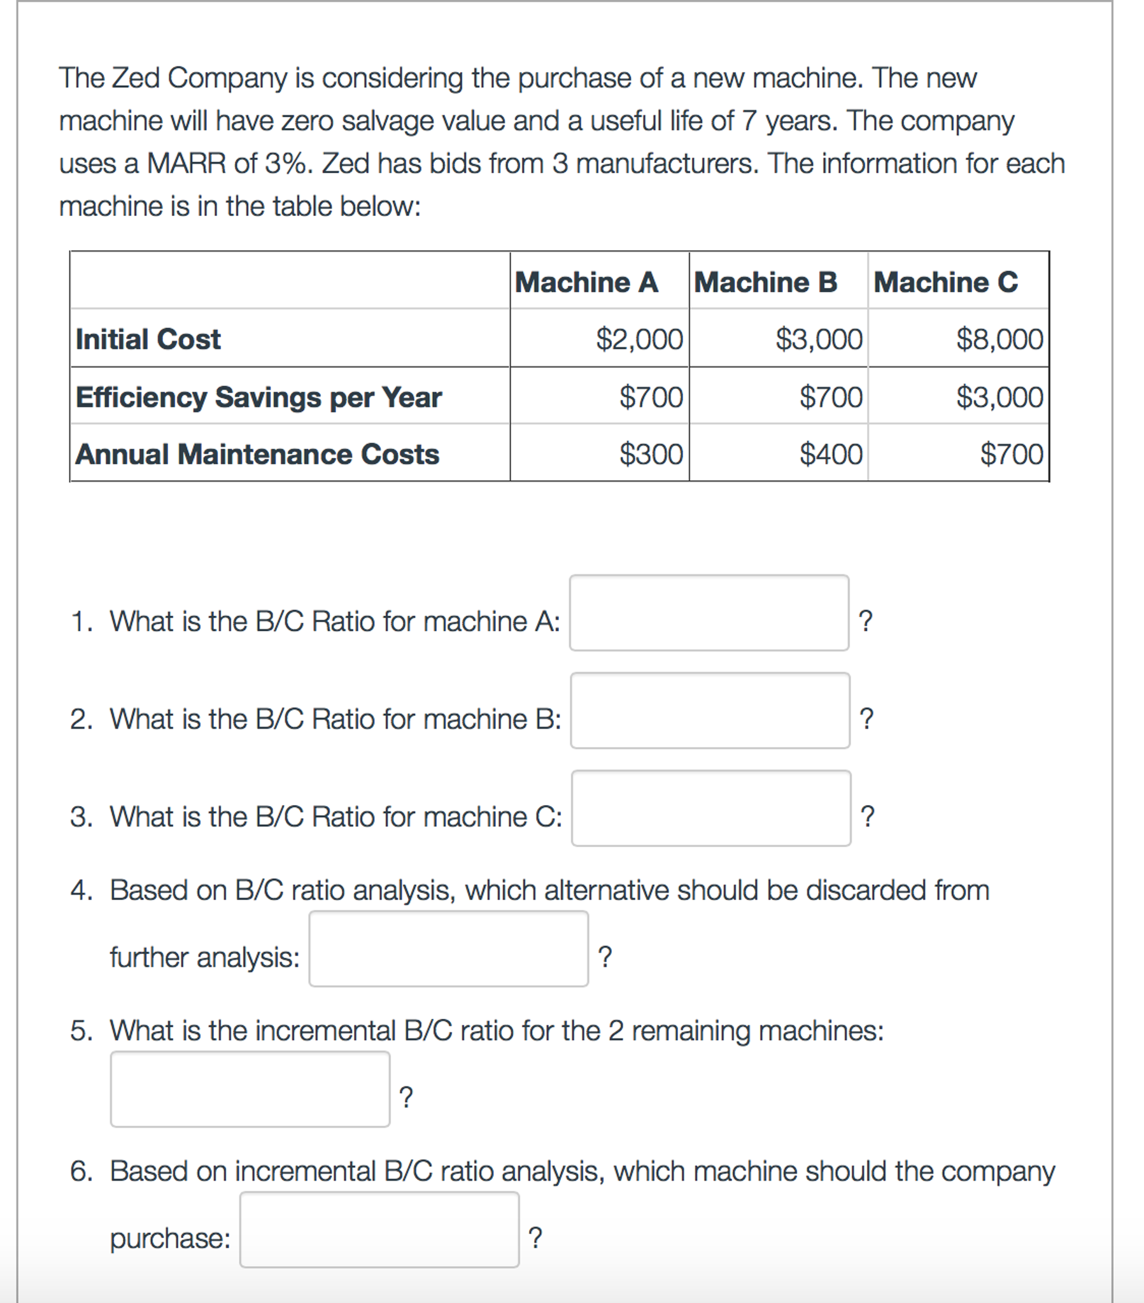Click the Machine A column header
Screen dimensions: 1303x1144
(x=586, y=281)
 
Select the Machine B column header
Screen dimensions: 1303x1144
(x=765, y=281)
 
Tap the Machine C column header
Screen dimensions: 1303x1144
(x=946, y=281)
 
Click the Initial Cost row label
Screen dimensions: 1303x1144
(x=148, y=339)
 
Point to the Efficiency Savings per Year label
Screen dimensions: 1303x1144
(x=258, y=397)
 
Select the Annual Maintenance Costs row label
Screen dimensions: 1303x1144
(x=257, y=455)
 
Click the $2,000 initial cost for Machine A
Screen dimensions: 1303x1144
(x=639, y=339)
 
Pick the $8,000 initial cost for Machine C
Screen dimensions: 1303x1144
(x=999, y=339)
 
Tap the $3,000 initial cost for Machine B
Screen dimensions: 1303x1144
(x=819, y=339)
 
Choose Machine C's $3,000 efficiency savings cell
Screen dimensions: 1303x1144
(x=999, y=397)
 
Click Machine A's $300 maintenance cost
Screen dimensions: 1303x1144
(x=651, y=455)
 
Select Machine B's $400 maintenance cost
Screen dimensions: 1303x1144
(x=831, y=455)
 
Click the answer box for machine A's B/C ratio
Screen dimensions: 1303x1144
(x=709, y=613)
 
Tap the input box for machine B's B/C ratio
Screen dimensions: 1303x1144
(x=710, y=710)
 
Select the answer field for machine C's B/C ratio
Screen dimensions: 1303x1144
(x=710, y=808)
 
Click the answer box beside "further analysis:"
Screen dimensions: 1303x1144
(x=448, y=948)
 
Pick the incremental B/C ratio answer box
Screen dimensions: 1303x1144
(x=250, y=1089)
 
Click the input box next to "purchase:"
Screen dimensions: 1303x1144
(x=379, y=1230)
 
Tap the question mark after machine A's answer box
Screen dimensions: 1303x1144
(x=866, y=620)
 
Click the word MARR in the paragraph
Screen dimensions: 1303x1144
(x=186, y=164)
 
